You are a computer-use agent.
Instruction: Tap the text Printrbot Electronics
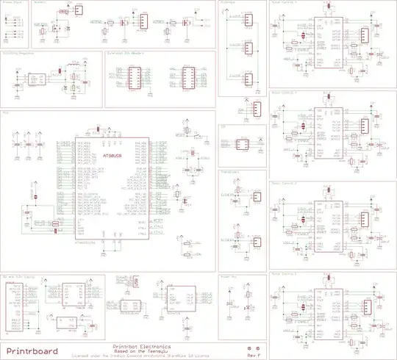coord(142,346)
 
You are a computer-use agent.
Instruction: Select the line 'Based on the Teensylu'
coord(142,351)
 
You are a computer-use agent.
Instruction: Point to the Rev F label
coord(254,355)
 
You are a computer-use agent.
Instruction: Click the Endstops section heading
coord(229,3)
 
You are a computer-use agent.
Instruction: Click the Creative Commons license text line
coord(142,356)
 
